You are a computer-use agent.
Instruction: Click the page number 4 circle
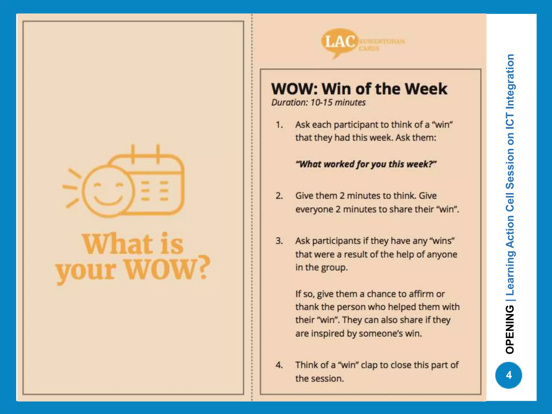coord(509,375)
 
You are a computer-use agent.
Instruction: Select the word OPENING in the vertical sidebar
coord(510,329)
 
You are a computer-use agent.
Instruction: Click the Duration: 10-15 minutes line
coord(318,103)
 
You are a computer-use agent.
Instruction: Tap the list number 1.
coord(279,125)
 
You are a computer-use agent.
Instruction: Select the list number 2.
coord(279,196)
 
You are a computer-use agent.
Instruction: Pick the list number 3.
coord(279,241)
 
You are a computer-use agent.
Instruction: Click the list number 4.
coord(279,365)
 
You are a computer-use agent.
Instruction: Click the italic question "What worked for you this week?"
coord(366,164)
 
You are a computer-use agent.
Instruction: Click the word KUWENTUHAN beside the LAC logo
coord(382,41)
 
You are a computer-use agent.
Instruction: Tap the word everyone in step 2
coord(314,209)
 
